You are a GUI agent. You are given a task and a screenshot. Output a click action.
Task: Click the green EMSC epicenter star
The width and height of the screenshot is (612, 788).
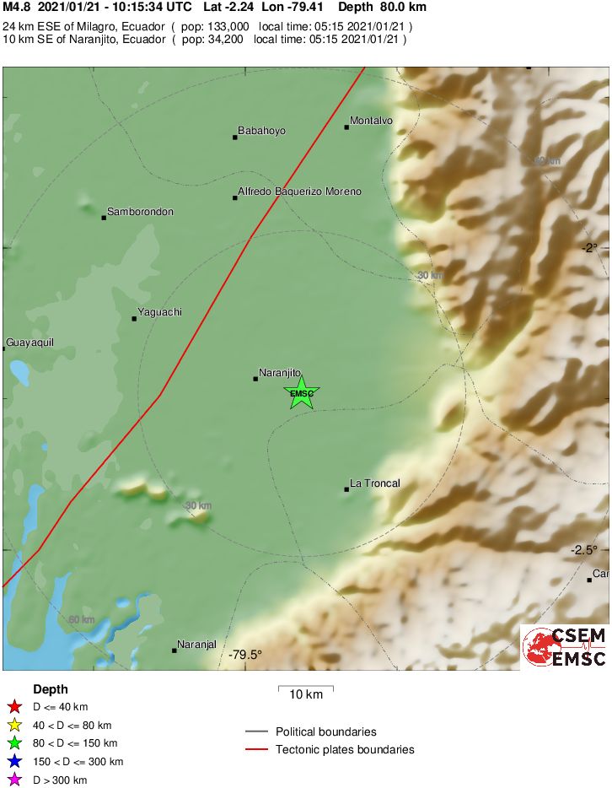301,393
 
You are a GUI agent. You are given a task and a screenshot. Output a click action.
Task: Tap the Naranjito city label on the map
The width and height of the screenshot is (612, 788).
280,372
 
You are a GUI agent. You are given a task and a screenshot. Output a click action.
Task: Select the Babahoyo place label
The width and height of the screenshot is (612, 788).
261,131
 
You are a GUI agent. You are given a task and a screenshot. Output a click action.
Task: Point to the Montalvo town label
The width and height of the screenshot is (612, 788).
371,121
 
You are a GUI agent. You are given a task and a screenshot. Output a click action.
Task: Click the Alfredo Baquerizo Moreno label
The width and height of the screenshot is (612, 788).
299,192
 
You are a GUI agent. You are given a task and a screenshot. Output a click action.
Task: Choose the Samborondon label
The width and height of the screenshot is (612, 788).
140,212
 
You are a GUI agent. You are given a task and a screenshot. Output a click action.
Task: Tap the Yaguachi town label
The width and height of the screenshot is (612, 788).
159,312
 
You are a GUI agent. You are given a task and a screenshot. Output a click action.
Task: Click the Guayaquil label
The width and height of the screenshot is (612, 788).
30,343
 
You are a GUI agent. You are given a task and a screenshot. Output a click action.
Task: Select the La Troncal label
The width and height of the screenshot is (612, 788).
374,483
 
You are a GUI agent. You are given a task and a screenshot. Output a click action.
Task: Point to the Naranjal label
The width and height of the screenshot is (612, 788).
197,645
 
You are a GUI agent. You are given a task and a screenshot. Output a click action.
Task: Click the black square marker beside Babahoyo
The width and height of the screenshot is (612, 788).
235,137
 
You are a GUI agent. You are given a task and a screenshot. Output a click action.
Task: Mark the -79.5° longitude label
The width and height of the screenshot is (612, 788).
245,655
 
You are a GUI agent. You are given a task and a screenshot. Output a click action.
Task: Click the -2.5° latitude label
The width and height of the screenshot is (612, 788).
583,549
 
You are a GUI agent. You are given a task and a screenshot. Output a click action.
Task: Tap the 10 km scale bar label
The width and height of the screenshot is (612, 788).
306,695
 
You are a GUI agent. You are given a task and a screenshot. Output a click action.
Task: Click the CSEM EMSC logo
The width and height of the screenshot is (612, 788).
566,647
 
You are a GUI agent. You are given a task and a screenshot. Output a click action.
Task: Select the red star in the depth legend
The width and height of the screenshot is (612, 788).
13,707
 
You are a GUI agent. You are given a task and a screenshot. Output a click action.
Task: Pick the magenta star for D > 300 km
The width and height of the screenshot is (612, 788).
13,780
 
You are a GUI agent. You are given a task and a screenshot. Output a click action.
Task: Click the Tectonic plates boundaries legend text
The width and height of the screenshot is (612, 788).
345,749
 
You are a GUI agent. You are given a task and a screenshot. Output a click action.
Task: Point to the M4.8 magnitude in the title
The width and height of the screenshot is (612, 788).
17,7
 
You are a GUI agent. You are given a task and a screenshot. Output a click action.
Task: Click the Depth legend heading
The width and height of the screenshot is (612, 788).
51,689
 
